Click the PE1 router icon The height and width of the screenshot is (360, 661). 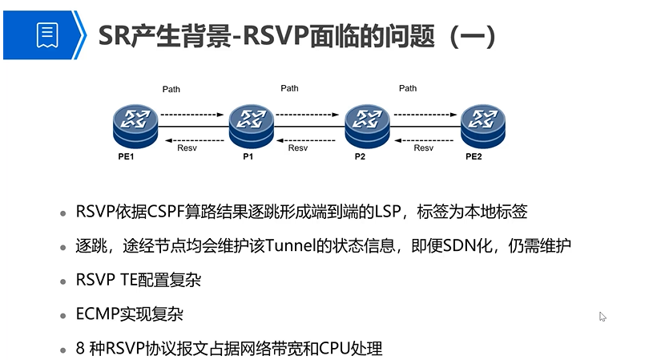pyautogui.click(x=134, y=122)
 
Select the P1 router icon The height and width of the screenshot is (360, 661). pyautogui.click(x=251, y=122)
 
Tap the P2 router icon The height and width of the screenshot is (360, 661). pyautogui.click(x=366, y=122)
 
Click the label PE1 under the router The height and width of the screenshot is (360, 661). pyautogui.click(x=126, y=156)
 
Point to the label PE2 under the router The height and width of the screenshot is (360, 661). pyautogui.click(x=474, y=156)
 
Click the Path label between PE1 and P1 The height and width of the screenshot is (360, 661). pyautogui.click(x=171, y=88)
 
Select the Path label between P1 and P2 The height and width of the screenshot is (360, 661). pyautogui.click(x=289, y=88)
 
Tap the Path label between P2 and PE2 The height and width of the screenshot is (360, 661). pyautogui.click(x=408, y=88)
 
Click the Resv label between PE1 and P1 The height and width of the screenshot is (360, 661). pyautogui.click(x=187, y=148)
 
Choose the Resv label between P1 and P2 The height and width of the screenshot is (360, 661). pyautogui.click(x=297, y=148)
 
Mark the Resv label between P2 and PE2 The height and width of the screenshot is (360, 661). pyautogui.click(x=423, y=148)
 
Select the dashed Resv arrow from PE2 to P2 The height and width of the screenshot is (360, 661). pyautogui.click(x=424, y=136)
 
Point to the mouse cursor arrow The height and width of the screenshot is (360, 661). pyautogui.click(x=603, y=316)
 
